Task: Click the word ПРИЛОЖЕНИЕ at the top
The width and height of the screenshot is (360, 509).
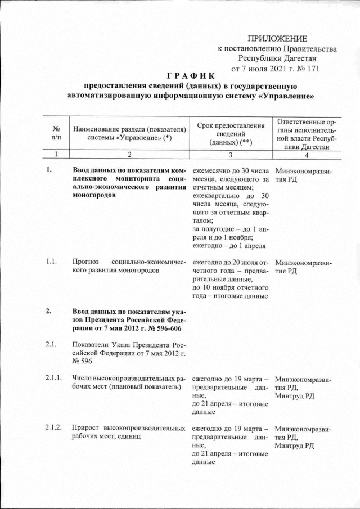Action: click(277, 38)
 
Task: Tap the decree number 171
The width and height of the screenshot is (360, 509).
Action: click(313, 69)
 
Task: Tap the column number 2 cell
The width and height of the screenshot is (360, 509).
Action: click(129, 155)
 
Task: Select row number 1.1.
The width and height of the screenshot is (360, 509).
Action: click(51, 262)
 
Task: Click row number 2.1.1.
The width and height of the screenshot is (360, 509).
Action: click(53, 380)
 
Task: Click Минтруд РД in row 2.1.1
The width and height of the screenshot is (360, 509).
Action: click(295, 396)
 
